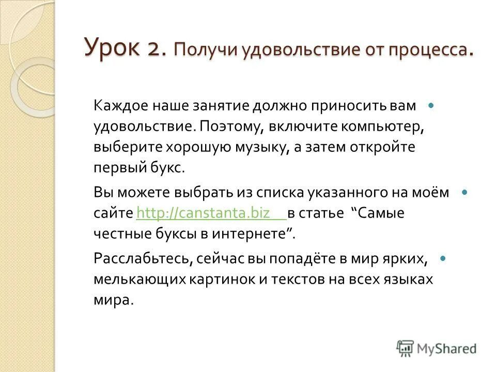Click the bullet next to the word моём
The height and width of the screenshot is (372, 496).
click(464, 192)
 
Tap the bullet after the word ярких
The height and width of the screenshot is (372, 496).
click(442, 257)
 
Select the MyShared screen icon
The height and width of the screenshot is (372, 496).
click(405, 347)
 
